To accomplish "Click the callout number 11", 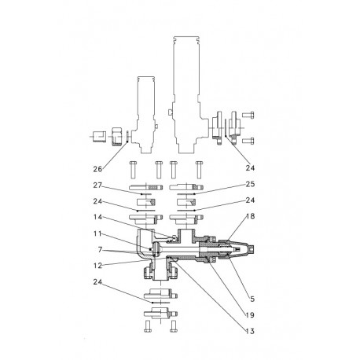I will click(x=99, y=234).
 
